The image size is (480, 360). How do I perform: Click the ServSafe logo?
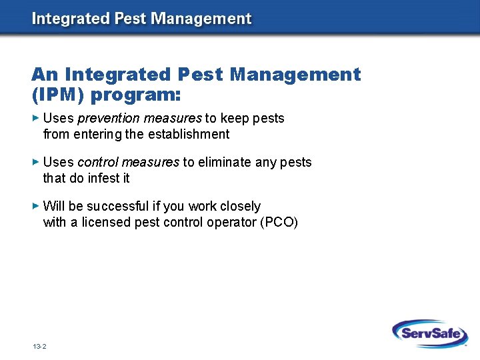430,333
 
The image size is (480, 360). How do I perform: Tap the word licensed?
105,222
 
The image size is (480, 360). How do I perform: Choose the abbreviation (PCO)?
281,222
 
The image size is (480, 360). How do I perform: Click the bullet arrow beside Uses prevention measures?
36,118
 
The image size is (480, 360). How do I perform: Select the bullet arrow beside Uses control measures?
36,162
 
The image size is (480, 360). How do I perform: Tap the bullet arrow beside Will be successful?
36,206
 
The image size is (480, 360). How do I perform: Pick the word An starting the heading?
45,74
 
